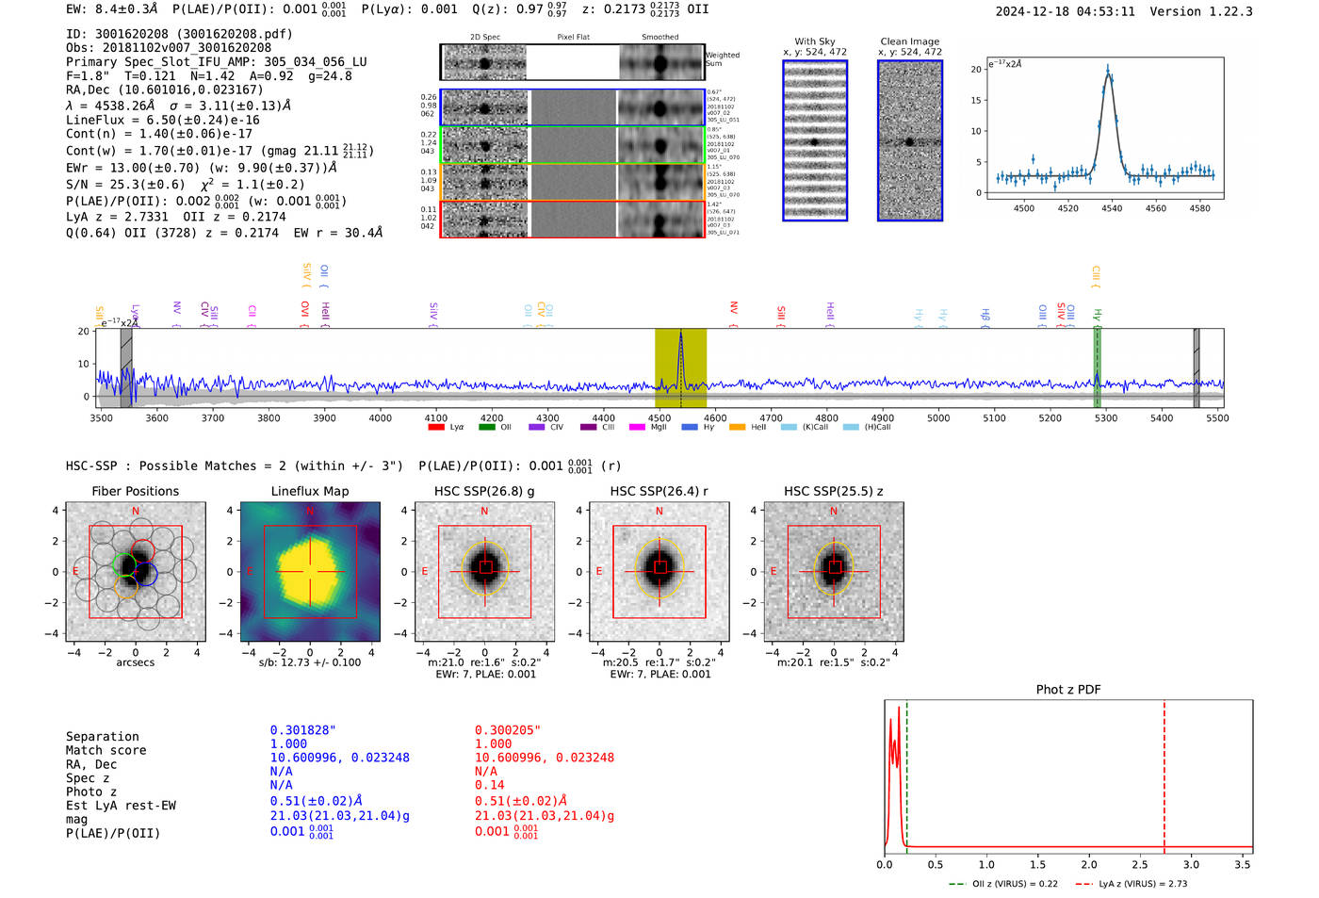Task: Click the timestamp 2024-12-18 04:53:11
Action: click(x=1065, y=12)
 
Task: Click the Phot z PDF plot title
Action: click(x=1068, y=690)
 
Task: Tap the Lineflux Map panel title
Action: click(x=310, y=491)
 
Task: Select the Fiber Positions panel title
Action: click(x=135, y=491)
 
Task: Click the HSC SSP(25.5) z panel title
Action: click(x=834, y=491)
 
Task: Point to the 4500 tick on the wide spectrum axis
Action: click(x=659, y=417)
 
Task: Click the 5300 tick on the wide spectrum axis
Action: click(x=1106, y=417)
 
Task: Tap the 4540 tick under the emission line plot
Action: click(x=1112, y=208)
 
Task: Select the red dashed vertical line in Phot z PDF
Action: click(x=1164, y=773)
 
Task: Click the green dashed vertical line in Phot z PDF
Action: click(x=906, y=773)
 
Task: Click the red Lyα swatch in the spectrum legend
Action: click(x=436, y=428)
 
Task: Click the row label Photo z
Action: click(x=91, y=792)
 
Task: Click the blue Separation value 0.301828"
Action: click(x=302, y=730)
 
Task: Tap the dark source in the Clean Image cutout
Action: click(x=909, y=141)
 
